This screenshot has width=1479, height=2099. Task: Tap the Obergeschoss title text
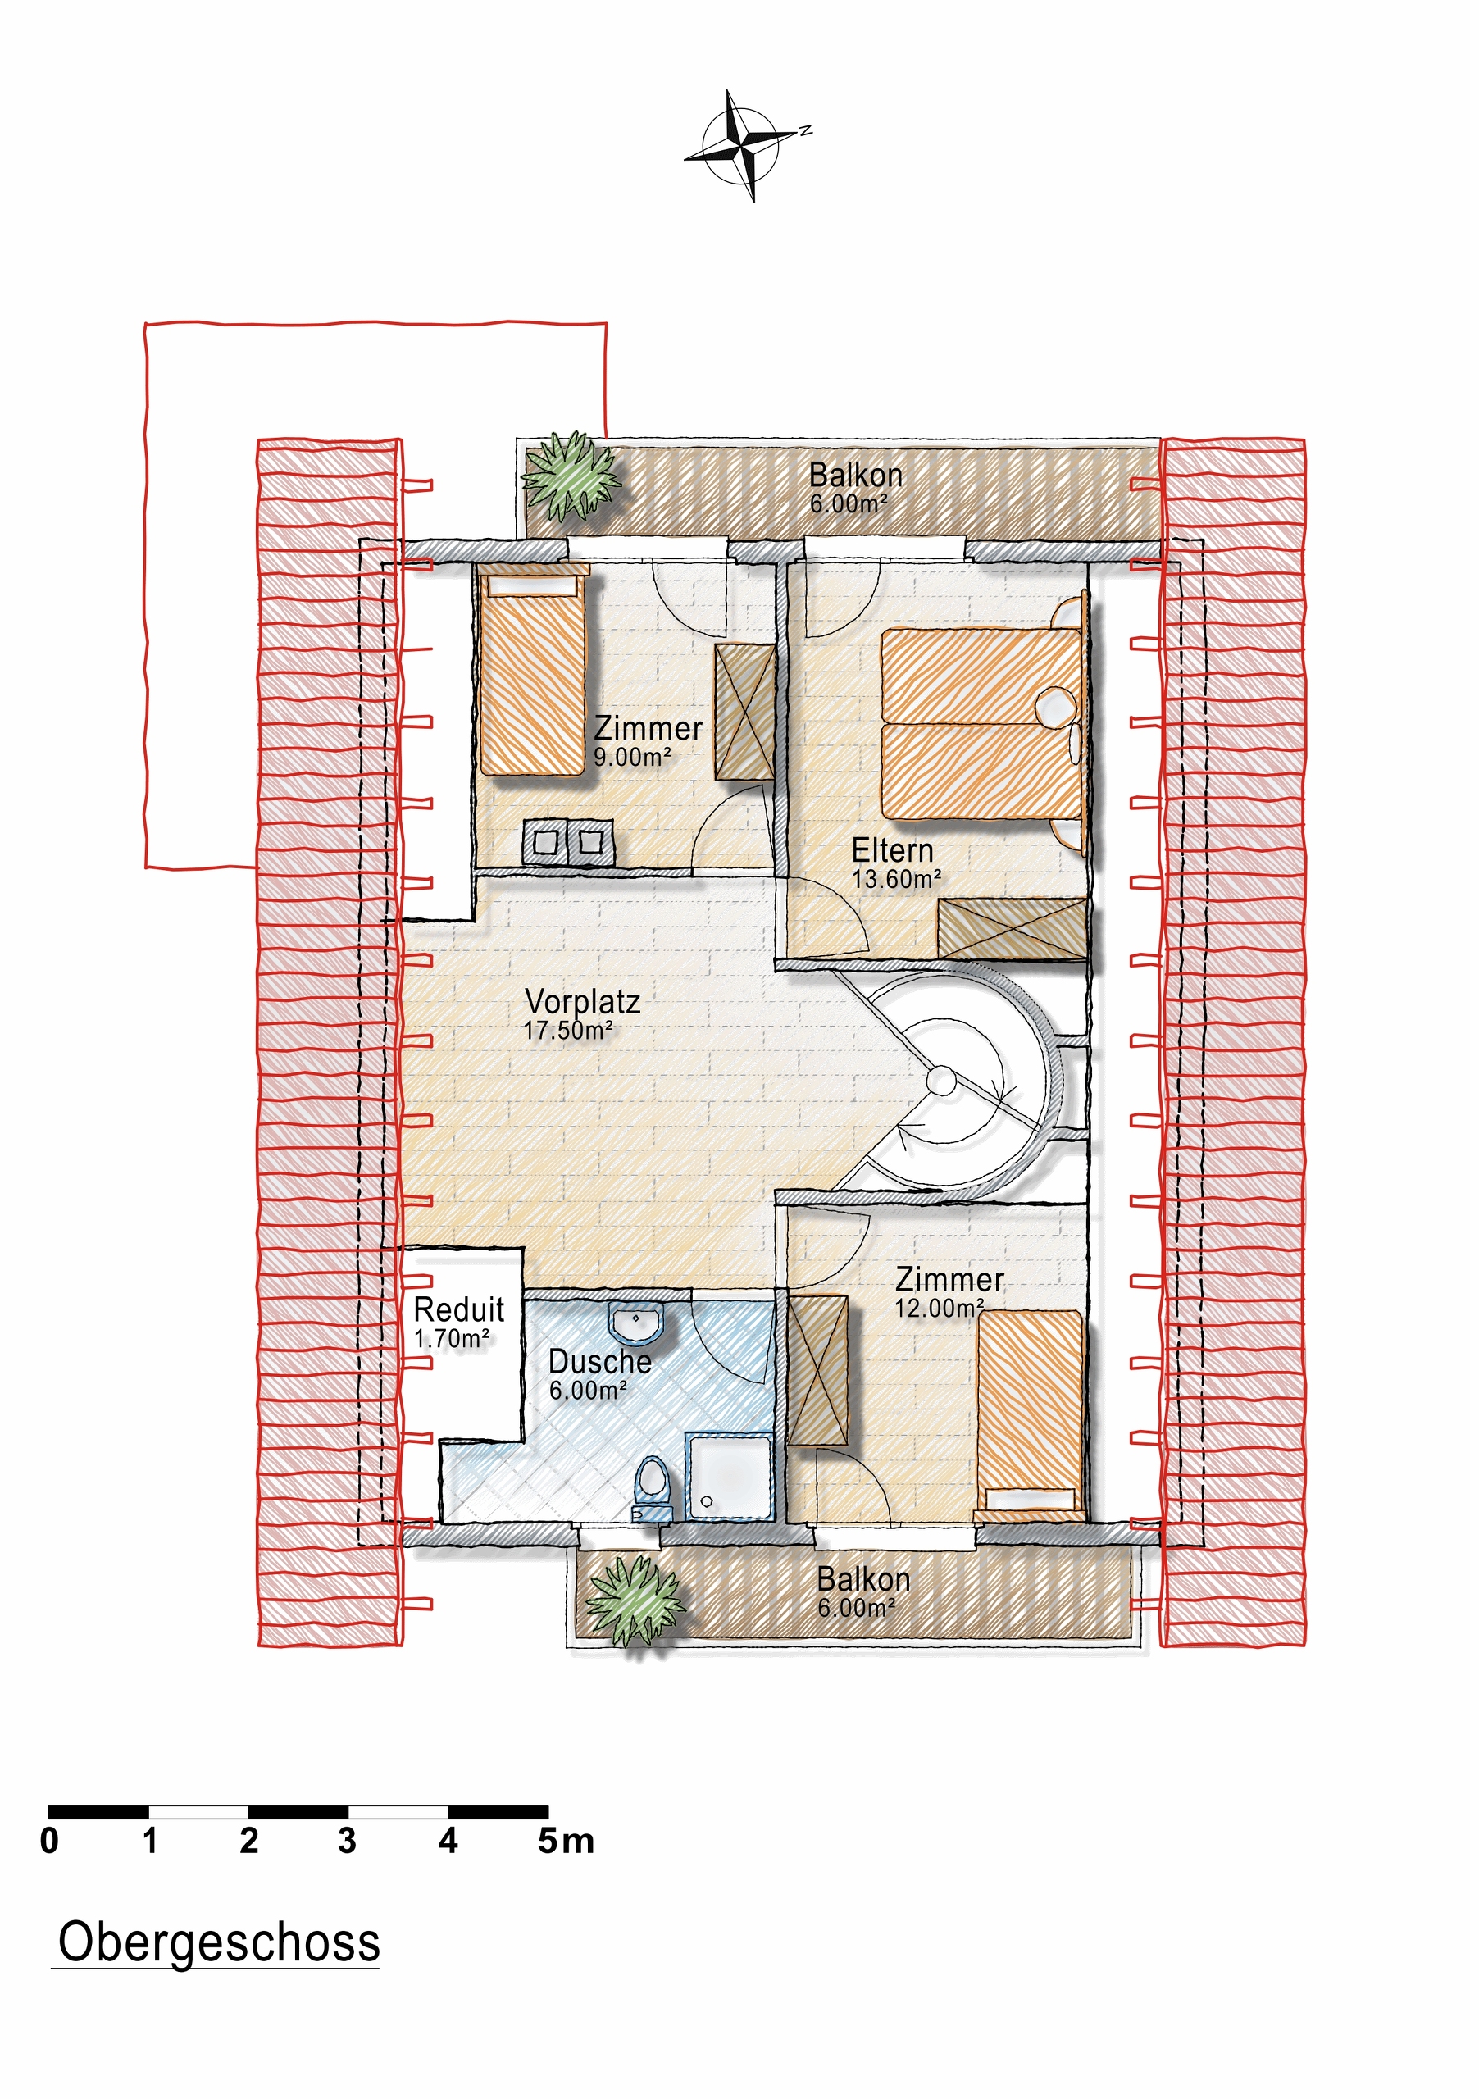[x=220, y=1941]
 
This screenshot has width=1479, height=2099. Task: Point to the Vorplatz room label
[x=582, y=1001]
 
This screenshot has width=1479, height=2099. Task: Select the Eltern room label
[x=892, y=850]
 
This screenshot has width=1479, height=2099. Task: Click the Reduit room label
[x=459, y=1309]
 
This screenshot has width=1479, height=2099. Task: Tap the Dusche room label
[x=599, y=1361]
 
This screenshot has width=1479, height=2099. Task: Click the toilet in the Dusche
[x=651, y=1487]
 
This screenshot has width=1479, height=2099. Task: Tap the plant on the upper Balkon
[x=571, y=476]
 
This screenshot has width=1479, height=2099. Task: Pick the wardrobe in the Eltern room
[x=1013, y=929]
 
